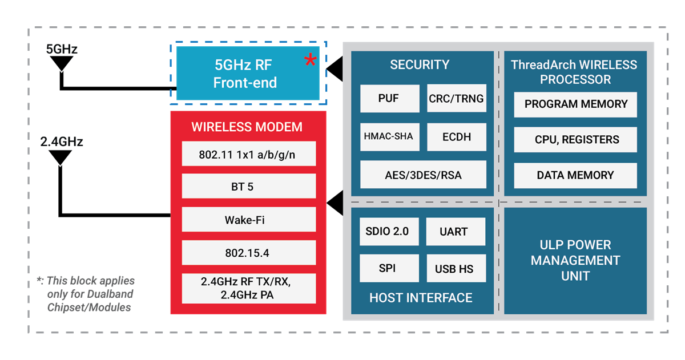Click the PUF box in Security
(388, 99)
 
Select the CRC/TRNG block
(456, 99)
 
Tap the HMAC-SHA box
(388, 136)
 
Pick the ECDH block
(456, 137)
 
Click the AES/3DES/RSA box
(423, 175)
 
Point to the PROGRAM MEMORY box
(575, 104)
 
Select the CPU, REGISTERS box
(575, 139)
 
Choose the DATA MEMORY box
(575, 175)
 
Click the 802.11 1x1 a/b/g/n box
(249, 154)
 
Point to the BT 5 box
(249, 187)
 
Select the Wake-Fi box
(249, 220)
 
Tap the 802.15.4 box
(249, 252)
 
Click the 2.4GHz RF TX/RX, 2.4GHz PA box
(249, 289)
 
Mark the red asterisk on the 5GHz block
(310, 60)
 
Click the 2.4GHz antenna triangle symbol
(60, 157)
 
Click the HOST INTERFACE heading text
(421, 298)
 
